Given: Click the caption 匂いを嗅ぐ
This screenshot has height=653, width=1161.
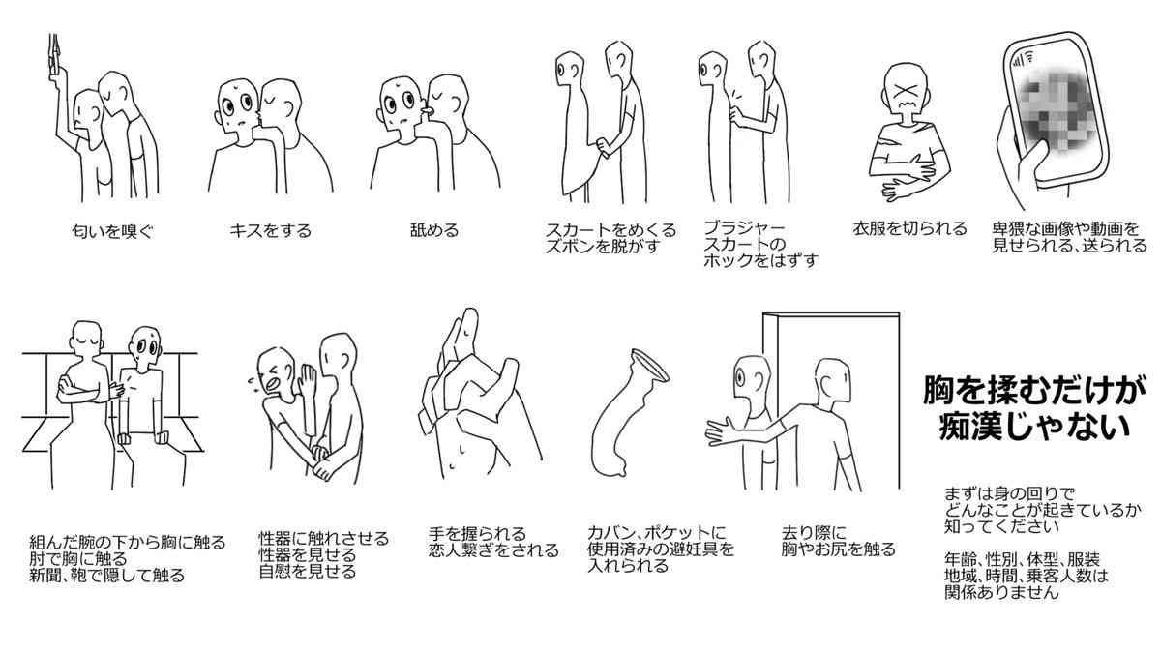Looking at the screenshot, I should coord(113,231).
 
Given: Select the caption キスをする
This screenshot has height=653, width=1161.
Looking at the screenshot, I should coord(270,231).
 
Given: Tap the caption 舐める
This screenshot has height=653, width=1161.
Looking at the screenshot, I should coord(433,230).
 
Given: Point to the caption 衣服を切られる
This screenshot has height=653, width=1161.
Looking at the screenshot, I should coord(909,229).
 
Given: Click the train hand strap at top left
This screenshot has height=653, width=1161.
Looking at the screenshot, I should coord(54,56).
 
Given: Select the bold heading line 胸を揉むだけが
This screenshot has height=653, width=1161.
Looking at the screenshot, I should coord(1034,391).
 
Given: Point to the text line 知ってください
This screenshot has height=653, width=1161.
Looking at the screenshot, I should coord(997,527).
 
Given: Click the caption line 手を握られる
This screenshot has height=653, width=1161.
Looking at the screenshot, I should coord(477,533).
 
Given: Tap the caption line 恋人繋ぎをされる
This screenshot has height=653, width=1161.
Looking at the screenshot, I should coord(493,550).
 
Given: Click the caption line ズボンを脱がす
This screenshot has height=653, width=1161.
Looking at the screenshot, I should coord(601,247).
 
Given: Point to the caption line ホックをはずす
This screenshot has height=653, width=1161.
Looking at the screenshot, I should coord(760,261).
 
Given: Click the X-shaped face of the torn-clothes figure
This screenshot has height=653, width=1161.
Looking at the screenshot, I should coord(906,94).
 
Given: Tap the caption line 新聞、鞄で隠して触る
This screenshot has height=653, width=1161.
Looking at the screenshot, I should coord(106,576).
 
